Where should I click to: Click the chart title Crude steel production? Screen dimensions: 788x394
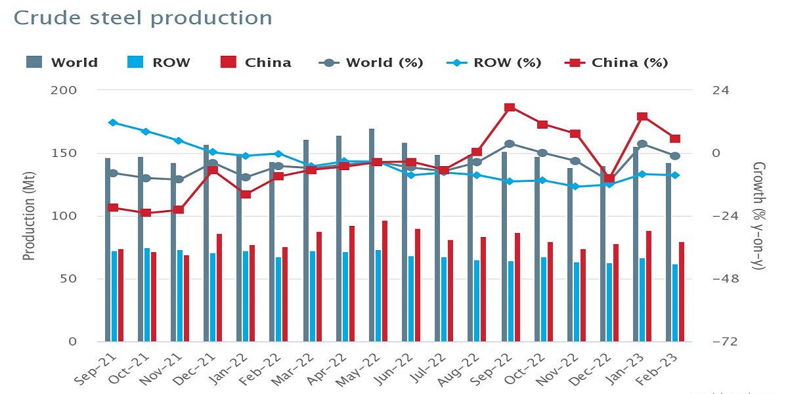tap(143, 18)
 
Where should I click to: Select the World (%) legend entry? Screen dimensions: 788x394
tap(371, 62)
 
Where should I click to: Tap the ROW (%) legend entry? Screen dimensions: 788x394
tap(494, 62)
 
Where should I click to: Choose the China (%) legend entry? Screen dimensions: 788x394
tap(616, 62)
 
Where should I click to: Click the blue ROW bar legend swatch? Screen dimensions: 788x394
tap(135, 62)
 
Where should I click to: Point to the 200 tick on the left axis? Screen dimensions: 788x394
tap(64, 91)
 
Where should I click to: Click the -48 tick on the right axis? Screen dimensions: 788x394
tap(726, 279)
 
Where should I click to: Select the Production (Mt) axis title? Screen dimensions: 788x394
tap(29, 216)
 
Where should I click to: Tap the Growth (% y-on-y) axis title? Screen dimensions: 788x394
tap(759, 215)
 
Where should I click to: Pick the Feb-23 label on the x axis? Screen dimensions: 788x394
tap(657, 369)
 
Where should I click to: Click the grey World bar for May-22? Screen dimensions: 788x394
tap(372, 235)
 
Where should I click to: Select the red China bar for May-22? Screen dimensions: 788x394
tap(385, 281)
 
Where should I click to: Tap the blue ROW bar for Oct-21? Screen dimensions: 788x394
tap(147, 295)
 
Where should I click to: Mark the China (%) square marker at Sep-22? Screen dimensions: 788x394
tap(510, 107)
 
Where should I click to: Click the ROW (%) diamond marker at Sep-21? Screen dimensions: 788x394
tap(113, 122)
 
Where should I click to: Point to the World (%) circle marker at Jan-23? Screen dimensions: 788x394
tap(642, 144)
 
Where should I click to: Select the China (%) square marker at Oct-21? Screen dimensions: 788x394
tap(146, 213)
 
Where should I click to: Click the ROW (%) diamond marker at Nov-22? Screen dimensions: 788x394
tap(575, 186)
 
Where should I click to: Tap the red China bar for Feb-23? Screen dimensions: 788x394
tap(682, 292)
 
